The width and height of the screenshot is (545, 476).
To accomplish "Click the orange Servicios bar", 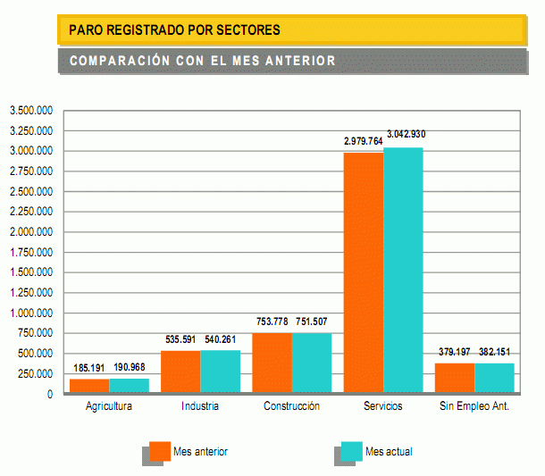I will click(364, 272).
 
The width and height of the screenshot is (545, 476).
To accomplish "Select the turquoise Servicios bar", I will click(403, 270).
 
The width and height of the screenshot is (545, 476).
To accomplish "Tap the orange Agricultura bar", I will click(89, 386).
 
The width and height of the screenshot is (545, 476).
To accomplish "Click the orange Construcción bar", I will click(272, 363).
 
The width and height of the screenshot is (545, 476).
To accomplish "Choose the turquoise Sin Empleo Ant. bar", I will click(494, 378).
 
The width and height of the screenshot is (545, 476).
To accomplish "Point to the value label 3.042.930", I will click(407, 134).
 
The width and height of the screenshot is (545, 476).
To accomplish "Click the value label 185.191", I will click(89, 367).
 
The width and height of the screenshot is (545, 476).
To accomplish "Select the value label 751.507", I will click(313, 322).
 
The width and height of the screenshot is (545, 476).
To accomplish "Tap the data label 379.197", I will click(456, 351).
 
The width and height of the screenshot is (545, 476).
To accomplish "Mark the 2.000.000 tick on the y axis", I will click(31, 232).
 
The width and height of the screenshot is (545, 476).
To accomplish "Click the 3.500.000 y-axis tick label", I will click(31, 111).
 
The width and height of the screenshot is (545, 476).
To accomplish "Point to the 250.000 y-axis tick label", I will click(37, 374).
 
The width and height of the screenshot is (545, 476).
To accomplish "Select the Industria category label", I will click(199, 406).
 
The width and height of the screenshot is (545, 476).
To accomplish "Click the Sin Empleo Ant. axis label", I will click(474, 406).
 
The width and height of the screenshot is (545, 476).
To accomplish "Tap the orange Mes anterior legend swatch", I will click(160, 451).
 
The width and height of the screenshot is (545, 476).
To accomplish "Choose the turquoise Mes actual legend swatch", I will click(351, 451).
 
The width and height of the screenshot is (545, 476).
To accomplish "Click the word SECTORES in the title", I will click(246, 30).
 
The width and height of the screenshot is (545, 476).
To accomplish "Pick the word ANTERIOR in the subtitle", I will click(301, 61).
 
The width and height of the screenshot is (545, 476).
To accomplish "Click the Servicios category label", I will click(382, 406).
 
